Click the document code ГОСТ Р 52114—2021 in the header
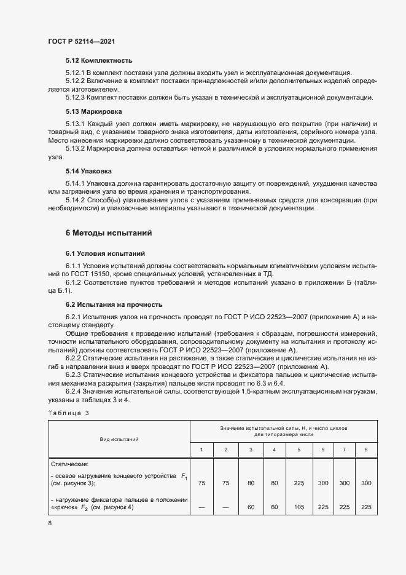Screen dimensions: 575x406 click(81, 41)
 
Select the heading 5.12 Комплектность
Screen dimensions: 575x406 click(99, 61)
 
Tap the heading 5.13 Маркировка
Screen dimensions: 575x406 click(94, 111)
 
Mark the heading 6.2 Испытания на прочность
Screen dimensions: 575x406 click(114, 304)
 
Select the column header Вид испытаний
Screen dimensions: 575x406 click(119, 439)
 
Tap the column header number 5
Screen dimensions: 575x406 click(299, 450)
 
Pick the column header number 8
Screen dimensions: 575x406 click(367, 450)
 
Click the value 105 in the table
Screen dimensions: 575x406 click(299, 507)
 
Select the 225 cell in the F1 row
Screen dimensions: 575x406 click(299, 483)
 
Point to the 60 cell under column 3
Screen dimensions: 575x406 click(251, 507)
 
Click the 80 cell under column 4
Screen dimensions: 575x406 click(275, 483)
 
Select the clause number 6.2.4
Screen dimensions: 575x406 click(75, 392)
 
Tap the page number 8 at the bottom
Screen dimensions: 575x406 click(50, 523)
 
